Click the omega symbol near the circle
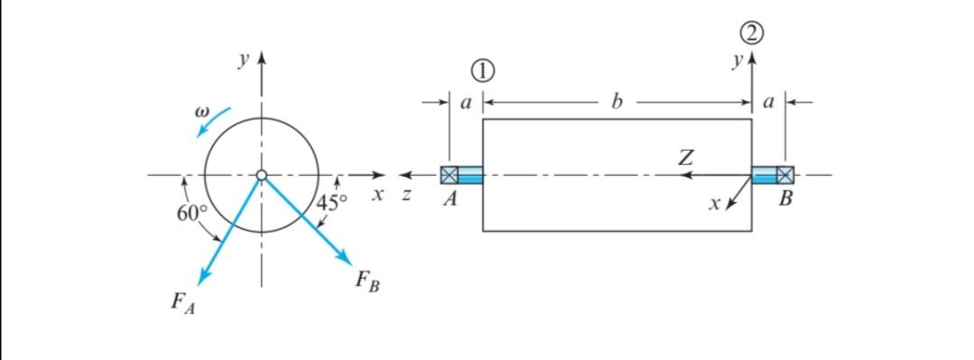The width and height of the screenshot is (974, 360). coord(202,114)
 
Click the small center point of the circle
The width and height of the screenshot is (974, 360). coord(262,175)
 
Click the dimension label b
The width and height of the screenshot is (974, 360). coord(617,102)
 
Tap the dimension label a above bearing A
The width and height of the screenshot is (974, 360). coord(465,103)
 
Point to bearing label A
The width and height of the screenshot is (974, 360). coord(450,201)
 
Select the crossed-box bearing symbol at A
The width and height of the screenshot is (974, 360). coord(448,175)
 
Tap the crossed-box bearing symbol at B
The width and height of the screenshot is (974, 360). coord(786,175)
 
